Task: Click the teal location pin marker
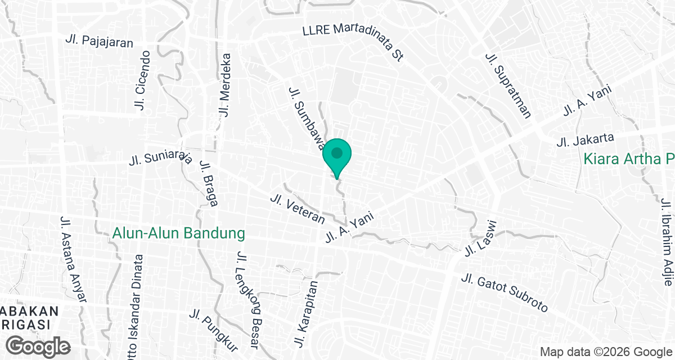point(337,155)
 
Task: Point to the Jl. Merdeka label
point(226,85)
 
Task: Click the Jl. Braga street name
point(209,183)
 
